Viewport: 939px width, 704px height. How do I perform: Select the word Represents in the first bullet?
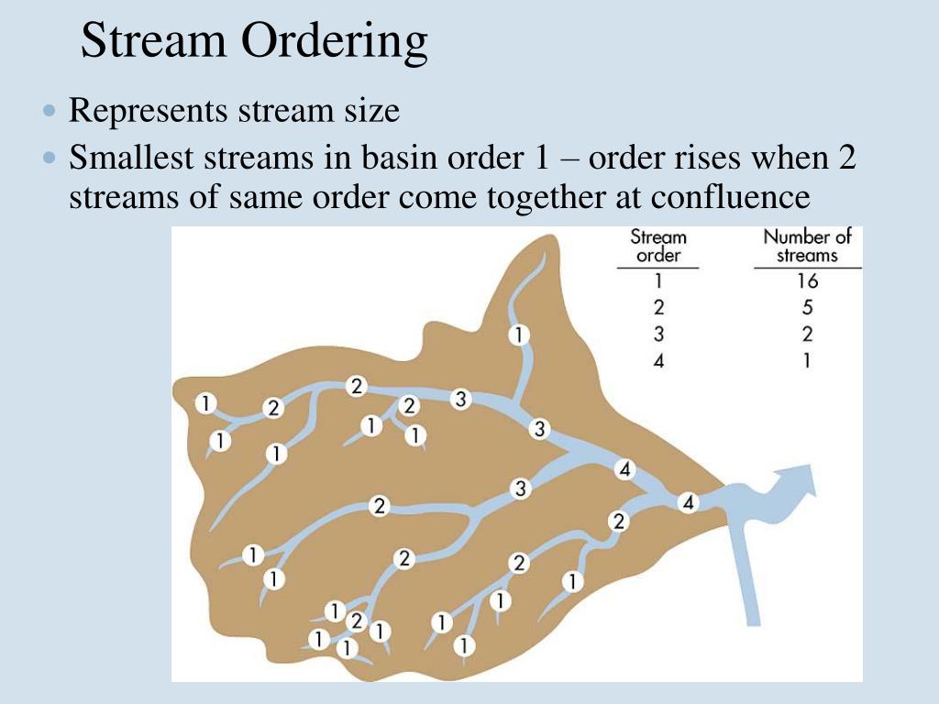click(148, 112)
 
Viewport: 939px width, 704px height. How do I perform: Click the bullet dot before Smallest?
click(50, 159)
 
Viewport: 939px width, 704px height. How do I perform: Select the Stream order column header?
click(657, 246)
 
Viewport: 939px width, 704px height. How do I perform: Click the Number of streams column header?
click(807, 246)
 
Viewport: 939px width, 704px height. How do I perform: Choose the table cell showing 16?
click(807, 281)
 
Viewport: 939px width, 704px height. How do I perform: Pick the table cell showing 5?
click(807, 308)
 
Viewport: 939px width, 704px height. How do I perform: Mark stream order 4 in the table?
click(657, 361)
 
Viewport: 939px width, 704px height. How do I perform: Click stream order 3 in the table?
click(657, 335)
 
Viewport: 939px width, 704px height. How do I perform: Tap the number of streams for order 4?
click(807, 361)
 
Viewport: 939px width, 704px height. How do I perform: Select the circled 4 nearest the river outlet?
click(689, 502)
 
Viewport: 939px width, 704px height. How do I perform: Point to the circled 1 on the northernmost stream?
click(519, 335)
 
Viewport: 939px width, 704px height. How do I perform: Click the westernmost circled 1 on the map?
click(206, 401)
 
